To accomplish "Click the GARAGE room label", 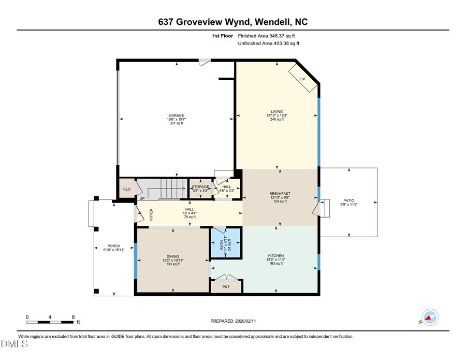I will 177,116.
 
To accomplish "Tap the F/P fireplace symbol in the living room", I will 303,79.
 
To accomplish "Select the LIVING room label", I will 276,111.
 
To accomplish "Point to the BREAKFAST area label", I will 280,194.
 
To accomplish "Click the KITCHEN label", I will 275,256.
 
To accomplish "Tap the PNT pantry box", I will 226,286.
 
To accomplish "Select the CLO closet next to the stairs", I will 126,189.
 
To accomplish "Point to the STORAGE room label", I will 200,186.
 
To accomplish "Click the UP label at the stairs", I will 142,198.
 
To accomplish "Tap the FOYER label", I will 152,215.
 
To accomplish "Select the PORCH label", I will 114,246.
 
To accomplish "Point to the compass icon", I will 430,316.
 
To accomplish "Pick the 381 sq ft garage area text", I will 177,123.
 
